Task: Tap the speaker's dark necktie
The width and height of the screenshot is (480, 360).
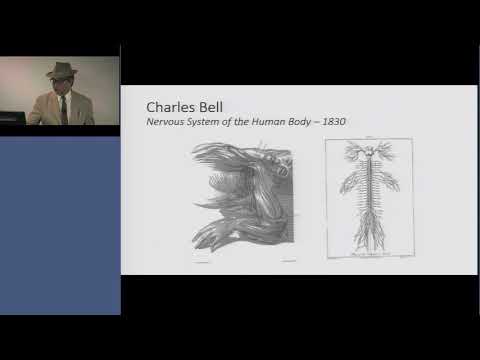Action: coord(61,109)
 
